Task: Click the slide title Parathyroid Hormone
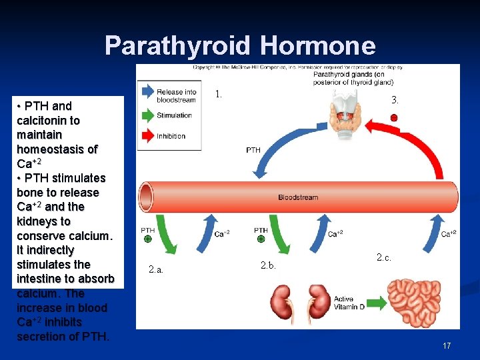(240, 46)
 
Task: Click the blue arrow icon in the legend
(146, 93)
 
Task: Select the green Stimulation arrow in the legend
(146, 115)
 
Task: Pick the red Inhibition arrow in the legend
(146, 136)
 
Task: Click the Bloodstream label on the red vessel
(298, 197)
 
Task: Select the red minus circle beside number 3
(394, 118)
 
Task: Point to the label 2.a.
(156, 270)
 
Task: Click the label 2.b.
(268, 267)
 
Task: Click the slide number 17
(447, 345)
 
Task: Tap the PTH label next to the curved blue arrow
(253, 150)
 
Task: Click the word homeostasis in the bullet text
(57, 149)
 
